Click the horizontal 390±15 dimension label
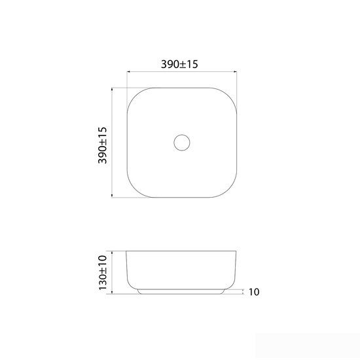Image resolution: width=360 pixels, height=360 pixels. coord(179,64)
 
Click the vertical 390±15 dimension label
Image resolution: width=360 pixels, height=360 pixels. coord(102,145)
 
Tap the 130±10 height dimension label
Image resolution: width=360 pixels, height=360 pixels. coord(103,272)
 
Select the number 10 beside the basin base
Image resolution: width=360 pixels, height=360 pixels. coord(254,292)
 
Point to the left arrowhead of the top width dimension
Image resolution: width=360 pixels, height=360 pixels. coord(128,71)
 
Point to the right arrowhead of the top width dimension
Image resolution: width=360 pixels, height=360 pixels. coord(235,71)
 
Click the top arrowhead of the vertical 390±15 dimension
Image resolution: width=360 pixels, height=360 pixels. coord(112,89)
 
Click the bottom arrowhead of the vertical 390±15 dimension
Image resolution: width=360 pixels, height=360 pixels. coord(112,196)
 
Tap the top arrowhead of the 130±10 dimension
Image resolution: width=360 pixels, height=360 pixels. coord(112,253)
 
